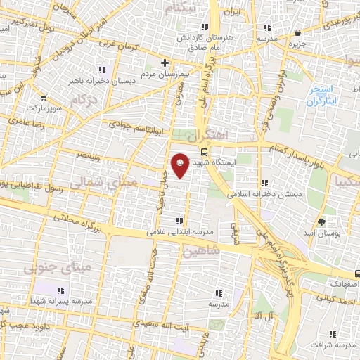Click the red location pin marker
point(180,163)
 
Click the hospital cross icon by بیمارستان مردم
point(165,63)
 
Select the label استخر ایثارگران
point(323,96)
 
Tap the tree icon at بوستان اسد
point(321,221)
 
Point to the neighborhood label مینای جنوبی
point(58,268)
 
